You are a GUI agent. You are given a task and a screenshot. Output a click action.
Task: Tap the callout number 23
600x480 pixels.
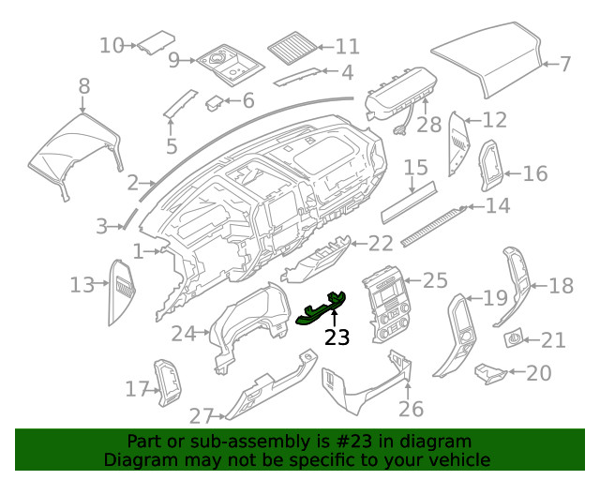(x=336, y=337)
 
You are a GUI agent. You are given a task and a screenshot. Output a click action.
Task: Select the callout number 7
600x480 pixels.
(x=564, y=65)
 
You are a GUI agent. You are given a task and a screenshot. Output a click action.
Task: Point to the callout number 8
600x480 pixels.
(x=84, y=87)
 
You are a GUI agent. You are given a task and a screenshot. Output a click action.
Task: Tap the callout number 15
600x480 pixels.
(x=416, y=168)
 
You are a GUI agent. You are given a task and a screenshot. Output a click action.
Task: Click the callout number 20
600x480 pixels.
(x=538, y=373)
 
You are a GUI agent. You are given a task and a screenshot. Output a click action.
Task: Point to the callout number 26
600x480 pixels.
(x=411, y=409)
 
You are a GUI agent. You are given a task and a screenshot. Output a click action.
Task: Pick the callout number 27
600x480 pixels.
(x=202, y=415)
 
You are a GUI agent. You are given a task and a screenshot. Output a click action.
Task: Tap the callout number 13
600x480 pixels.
(x=82, y=283)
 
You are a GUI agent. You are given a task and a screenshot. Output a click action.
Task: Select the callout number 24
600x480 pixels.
(x=183, y=333)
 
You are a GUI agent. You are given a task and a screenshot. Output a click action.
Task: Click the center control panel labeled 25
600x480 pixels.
(x=382, y=305)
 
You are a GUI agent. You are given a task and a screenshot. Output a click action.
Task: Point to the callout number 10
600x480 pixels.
(x=112, y=44)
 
